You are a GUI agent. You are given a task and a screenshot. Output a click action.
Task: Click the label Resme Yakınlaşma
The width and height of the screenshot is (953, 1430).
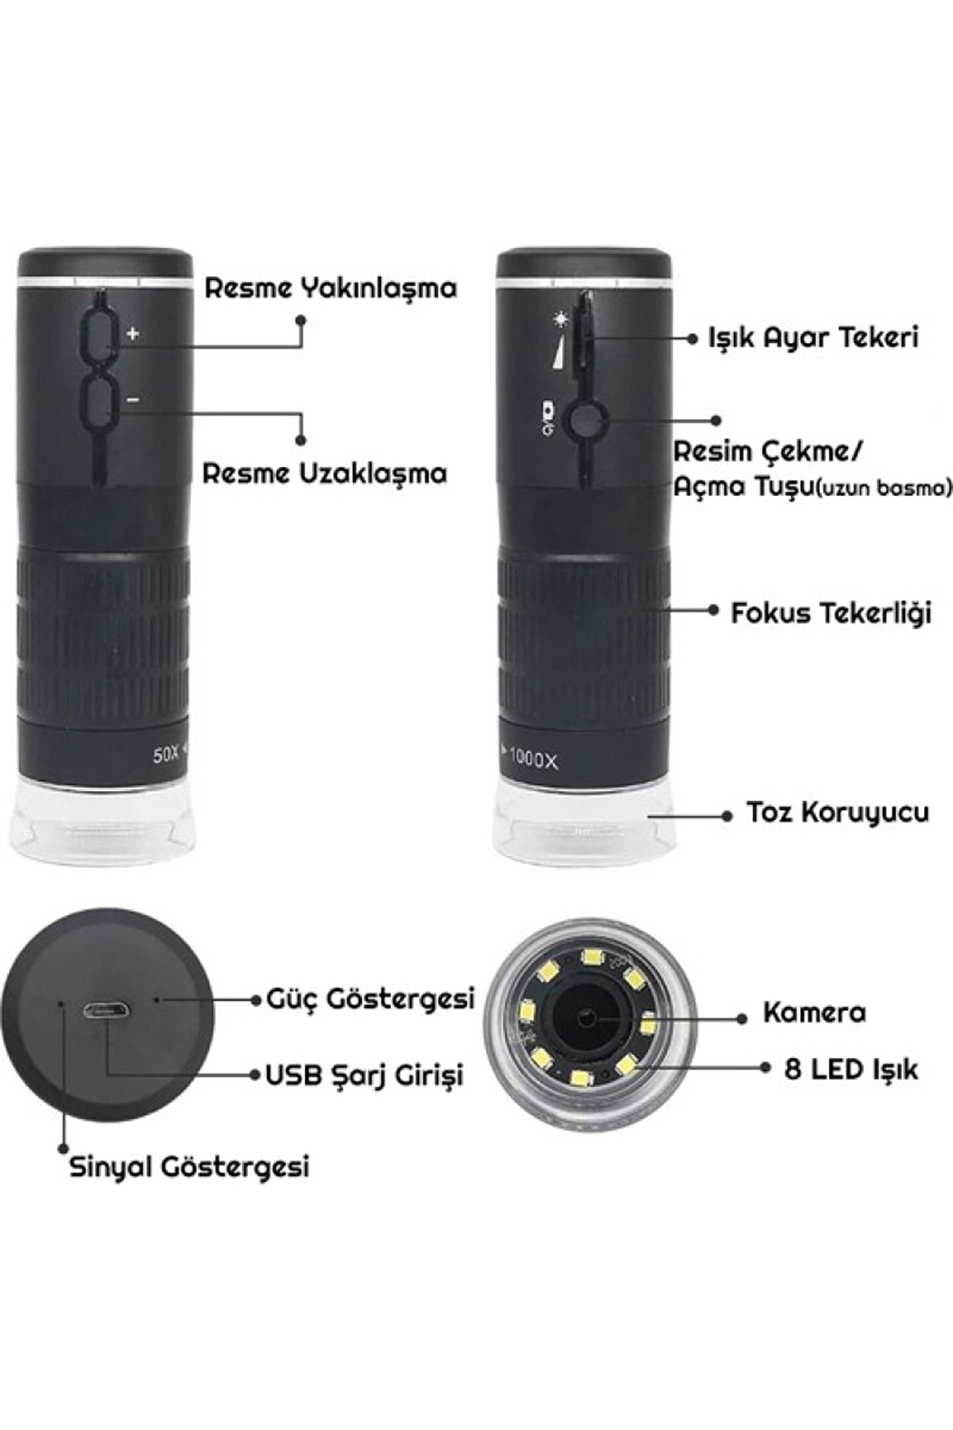tap(331, 289)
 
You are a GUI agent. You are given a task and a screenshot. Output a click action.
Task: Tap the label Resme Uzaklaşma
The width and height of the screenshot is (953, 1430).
tap(325, 474)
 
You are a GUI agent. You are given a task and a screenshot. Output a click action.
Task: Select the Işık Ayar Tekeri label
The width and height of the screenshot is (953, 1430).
tap(813, 338)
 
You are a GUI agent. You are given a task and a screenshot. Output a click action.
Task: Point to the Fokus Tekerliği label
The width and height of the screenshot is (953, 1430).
tap(831, 613)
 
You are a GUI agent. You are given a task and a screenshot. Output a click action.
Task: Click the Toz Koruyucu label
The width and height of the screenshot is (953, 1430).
tap(838, 812)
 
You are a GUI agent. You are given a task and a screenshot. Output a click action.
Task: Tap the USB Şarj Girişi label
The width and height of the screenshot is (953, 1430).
tap(364, 1074)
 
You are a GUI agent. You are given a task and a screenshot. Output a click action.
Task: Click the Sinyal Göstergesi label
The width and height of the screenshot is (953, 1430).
tap(189, 1167)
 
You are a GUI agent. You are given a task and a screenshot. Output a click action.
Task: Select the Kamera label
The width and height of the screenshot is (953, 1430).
tap(815, 1012)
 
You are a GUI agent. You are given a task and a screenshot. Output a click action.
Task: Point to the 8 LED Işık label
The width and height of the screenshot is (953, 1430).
tap(851, 1069)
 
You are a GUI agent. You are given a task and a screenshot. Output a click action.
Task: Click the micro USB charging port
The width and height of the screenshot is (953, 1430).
tap(107, 1011)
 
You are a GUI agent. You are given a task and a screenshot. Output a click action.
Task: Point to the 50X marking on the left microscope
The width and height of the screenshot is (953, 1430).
tap(166, 755)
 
